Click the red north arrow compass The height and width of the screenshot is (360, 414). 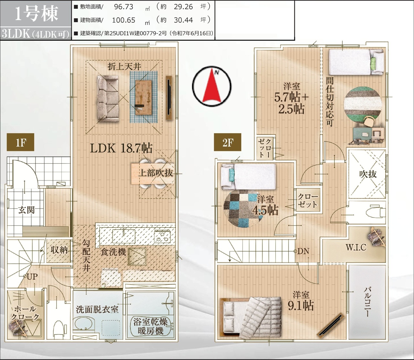pos(212,86)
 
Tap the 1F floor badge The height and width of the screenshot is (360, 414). pos(20,142)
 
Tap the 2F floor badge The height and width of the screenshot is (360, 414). pos(227,142)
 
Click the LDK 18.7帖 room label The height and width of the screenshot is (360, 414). pos(121,148)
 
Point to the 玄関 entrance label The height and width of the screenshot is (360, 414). pos(27,210)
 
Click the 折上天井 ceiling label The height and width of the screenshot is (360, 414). pos(124,66)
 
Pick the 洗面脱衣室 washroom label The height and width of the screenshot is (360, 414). pos(97,310)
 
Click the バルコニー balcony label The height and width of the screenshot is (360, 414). pos(367,302)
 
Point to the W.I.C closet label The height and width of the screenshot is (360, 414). pos(356,247)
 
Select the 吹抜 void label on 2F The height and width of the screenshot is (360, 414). pos(368,174)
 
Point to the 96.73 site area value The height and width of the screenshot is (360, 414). pos(124,7)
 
